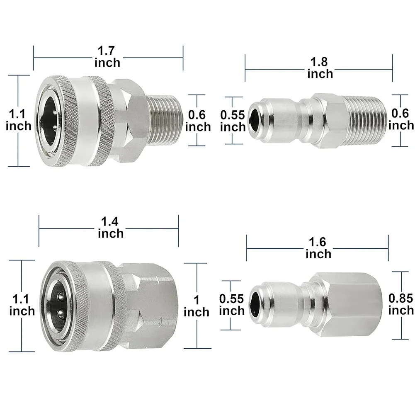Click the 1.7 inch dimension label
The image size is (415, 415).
tap(107, 57)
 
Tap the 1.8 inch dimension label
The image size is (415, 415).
tap(320, 68)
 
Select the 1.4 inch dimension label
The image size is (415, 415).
tap(111, 228)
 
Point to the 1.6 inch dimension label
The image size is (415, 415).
tap(318, 248)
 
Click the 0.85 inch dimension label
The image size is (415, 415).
tap(401, 304)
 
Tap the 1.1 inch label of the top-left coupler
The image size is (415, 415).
tap(18, 120)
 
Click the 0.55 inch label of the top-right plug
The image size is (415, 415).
tap(233, 121)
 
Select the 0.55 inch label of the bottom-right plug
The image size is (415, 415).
tap(232, 305)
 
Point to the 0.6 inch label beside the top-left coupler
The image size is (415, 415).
tap(198, 121)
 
